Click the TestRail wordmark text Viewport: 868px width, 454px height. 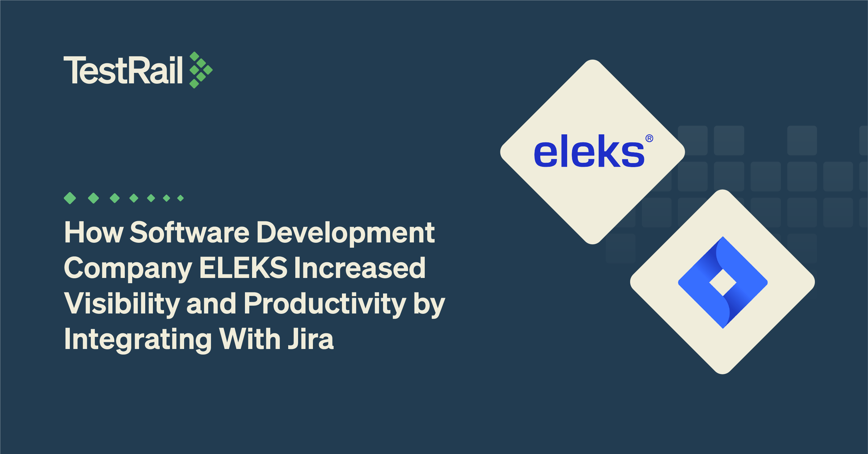(x=123, y=70)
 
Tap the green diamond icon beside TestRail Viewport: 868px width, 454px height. (x=201, y=70)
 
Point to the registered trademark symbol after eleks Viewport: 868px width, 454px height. (x=649, y=138)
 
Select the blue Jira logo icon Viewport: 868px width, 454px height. (x=723, y=282)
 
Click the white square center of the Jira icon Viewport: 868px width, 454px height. (x=723, y=282)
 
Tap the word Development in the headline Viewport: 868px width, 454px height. (x=346, y=233)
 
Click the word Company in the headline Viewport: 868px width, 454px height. (x=128, y=269)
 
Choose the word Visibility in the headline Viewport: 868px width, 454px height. (x=122, y=304)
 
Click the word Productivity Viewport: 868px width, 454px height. (x=325, y=304)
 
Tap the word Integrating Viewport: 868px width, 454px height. (x=138, y=339)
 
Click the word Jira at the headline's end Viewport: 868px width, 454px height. (x=311, y=339)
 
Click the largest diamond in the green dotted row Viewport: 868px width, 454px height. (x=70, y=198)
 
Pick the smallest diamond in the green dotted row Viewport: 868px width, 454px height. (x=181, y=198)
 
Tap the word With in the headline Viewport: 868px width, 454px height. (x=250, y=339)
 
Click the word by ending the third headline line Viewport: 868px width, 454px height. (x=429, y=304)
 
